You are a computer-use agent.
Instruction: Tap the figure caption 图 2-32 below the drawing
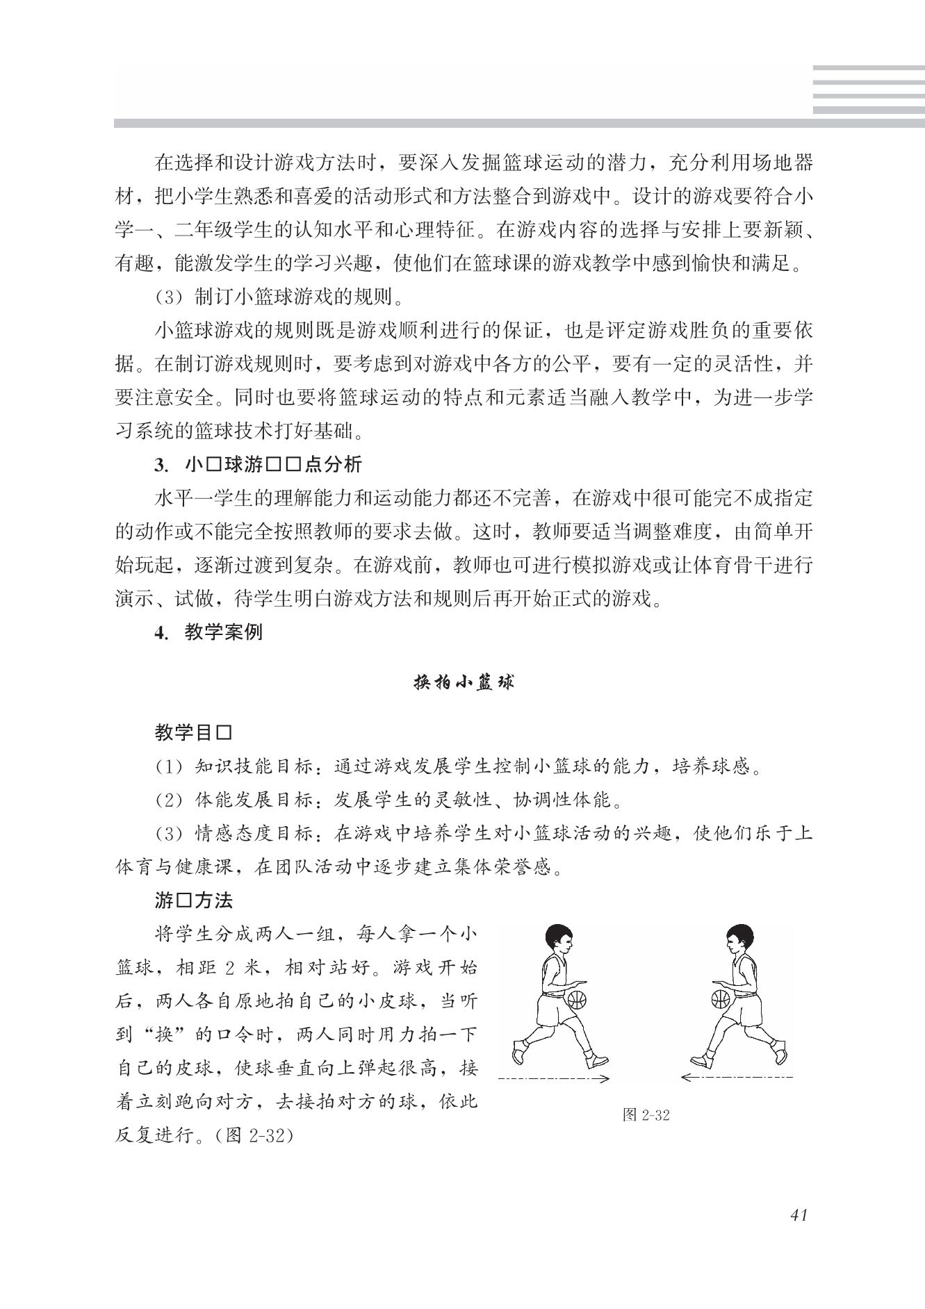(x=646, y=1115)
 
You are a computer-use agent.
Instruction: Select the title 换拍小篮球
(x=464, y=682)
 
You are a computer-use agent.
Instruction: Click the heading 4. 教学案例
(x=208, y=633)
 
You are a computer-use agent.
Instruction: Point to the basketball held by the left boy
(x=578, y=1000)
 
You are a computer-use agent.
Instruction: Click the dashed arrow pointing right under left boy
(x=554, y=1078)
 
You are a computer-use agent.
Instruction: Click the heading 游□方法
(x=194, y=901)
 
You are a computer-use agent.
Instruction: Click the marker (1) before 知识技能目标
(x=167, y=767)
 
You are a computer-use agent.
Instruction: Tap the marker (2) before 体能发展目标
(x=167, y=800)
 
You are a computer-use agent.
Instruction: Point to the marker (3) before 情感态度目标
(x=167, y=834)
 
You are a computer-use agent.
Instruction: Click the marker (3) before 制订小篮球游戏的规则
(x=167, y=297)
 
